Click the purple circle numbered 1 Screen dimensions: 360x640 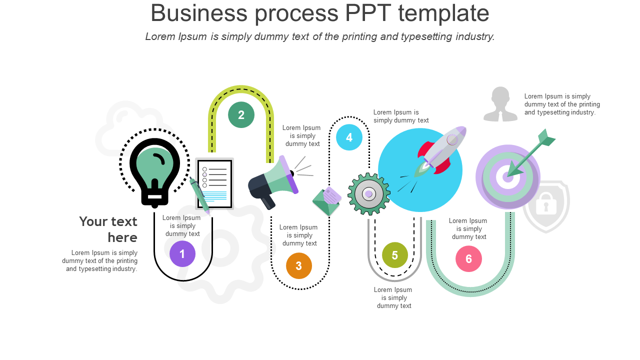(182, 254)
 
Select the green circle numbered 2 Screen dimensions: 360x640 (241, 115)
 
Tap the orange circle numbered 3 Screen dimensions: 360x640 (299, 266)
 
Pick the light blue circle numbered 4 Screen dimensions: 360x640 (349, 137)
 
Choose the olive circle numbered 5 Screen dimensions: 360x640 (395, 255)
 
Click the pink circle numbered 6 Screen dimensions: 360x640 (468, 259)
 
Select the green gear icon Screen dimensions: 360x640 (369, 194)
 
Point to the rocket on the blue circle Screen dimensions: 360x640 (440, 150)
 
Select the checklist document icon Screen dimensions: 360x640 (215, 182)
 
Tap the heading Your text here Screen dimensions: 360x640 (108, 229)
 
